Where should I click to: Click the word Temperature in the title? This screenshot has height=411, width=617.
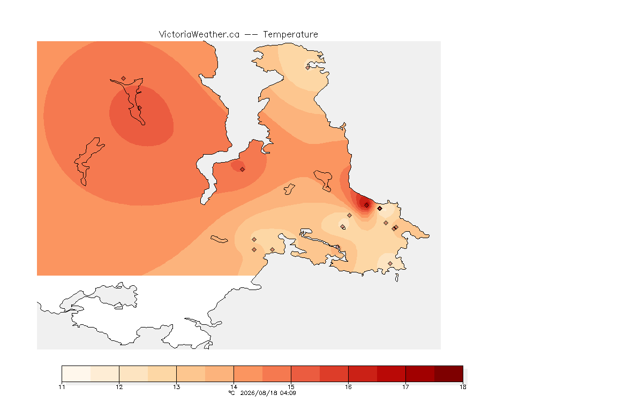pos(290,35)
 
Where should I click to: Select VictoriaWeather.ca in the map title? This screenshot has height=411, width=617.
pos(199,35)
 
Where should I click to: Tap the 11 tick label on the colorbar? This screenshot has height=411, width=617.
pos(62,387)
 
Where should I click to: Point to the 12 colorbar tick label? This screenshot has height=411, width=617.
pos(119,387)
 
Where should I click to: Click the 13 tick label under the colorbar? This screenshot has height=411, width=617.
pos(176,387)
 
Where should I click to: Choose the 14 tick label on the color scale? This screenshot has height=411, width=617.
pos(234,387)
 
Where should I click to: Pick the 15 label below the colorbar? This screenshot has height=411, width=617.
pos(291,387)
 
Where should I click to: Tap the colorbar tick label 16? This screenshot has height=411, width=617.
pos(348,387)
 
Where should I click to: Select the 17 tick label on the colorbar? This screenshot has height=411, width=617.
pos(405,387)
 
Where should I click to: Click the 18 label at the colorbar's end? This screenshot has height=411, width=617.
pos(463,387)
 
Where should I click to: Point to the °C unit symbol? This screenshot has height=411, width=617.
pos(232,393)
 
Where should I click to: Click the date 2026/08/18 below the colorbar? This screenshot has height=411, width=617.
pos(257,393)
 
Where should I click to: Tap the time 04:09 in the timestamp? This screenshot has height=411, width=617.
pos(288,393)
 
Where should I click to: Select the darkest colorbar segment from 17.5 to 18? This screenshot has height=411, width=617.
pos(449,374)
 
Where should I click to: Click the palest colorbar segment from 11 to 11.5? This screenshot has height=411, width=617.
pos(77,374)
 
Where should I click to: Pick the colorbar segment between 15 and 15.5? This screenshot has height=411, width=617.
pos(305,374)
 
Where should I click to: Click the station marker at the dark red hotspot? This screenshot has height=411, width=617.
pos(367,205)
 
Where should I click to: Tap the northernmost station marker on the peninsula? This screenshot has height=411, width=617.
pos(308,67)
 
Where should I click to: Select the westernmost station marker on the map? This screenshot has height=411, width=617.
pos(124,79)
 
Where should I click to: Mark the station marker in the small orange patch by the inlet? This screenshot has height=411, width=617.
pos(243,170)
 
